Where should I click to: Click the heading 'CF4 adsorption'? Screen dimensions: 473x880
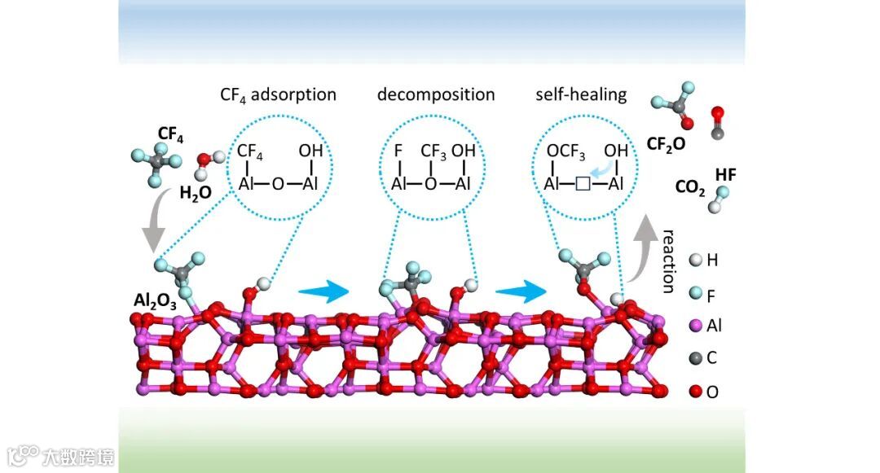(278, 94)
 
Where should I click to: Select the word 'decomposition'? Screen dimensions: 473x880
(435, 94)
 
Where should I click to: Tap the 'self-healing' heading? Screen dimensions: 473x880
(581, 94)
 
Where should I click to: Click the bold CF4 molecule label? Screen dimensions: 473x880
(170, 134)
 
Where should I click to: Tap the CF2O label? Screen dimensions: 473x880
(666, 143)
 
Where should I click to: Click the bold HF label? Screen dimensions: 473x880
(726, 174)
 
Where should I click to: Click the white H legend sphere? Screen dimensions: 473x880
(695, 261)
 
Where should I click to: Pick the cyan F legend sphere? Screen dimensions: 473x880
(695, 293)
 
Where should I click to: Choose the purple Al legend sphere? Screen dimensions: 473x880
(695, 326)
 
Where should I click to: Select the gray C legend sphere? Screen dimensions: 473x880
(695, 358)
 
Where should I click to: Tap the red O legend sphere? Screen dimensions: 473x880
(695, 392)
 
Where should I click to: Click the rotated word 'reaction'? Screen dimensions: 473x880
(668, 261)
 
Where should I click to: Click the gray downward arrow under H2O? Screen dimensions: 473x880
(152, 228)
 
